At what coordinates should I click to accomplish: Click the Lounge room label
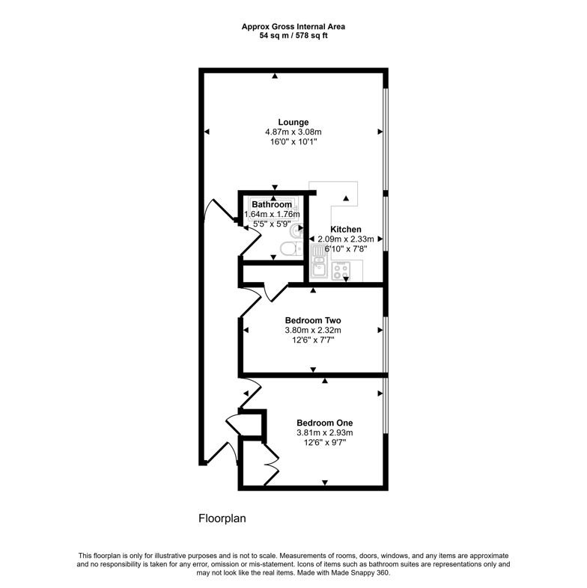click(x=293, y=122)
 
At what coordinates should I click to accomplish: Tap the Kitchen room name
click(x=347, y=230)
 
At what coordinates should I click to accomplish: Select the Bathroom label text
click(x=271, y=204)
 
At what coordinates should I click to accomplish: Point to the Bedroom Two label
click(x=312, y=320)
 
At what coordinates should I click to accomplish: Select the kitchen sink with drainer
click(x=317, y=268)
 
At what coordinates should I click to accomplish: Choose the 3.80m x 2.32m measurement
click(x=312, y=330)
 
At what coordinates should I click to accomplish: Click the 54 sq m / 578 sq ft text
click(x=293, y=35)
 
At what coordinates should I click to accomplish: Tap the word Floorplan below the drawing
click(x=222, y=518)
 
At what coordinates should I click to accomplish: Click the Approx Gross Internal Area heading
click(x=293, y=26)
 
